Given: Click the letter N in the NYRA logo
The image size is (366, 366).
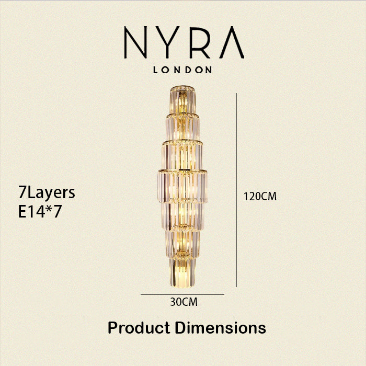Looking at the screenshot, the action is [x=135, y=42].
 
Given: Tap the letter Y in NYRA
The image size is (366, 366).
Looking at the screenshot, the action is [x=167, y=42].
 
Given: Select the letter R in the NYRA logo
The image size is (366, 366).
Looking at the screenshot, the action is [x=200, y=42].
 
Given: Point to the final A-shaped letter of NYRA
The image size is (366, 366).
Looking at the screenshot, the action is [x=232, y=42].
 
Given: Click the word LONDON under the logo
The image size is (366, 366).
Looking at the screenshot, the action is [x=182, y=70].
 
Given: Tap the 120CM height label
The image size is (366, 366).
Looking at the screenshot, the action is [x=260, y=196].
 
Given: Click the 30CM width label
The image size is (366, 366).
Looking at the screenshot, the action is [x=184, y=302].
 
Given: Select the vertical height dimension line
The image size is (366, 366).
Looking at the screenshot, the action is [x=236, y=190].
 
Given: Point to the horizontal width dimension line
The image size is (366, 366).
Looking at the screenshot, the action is [x=182, y=294].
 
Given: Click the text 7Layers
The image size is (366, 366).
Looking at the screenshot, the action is [x=47, y=193].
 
